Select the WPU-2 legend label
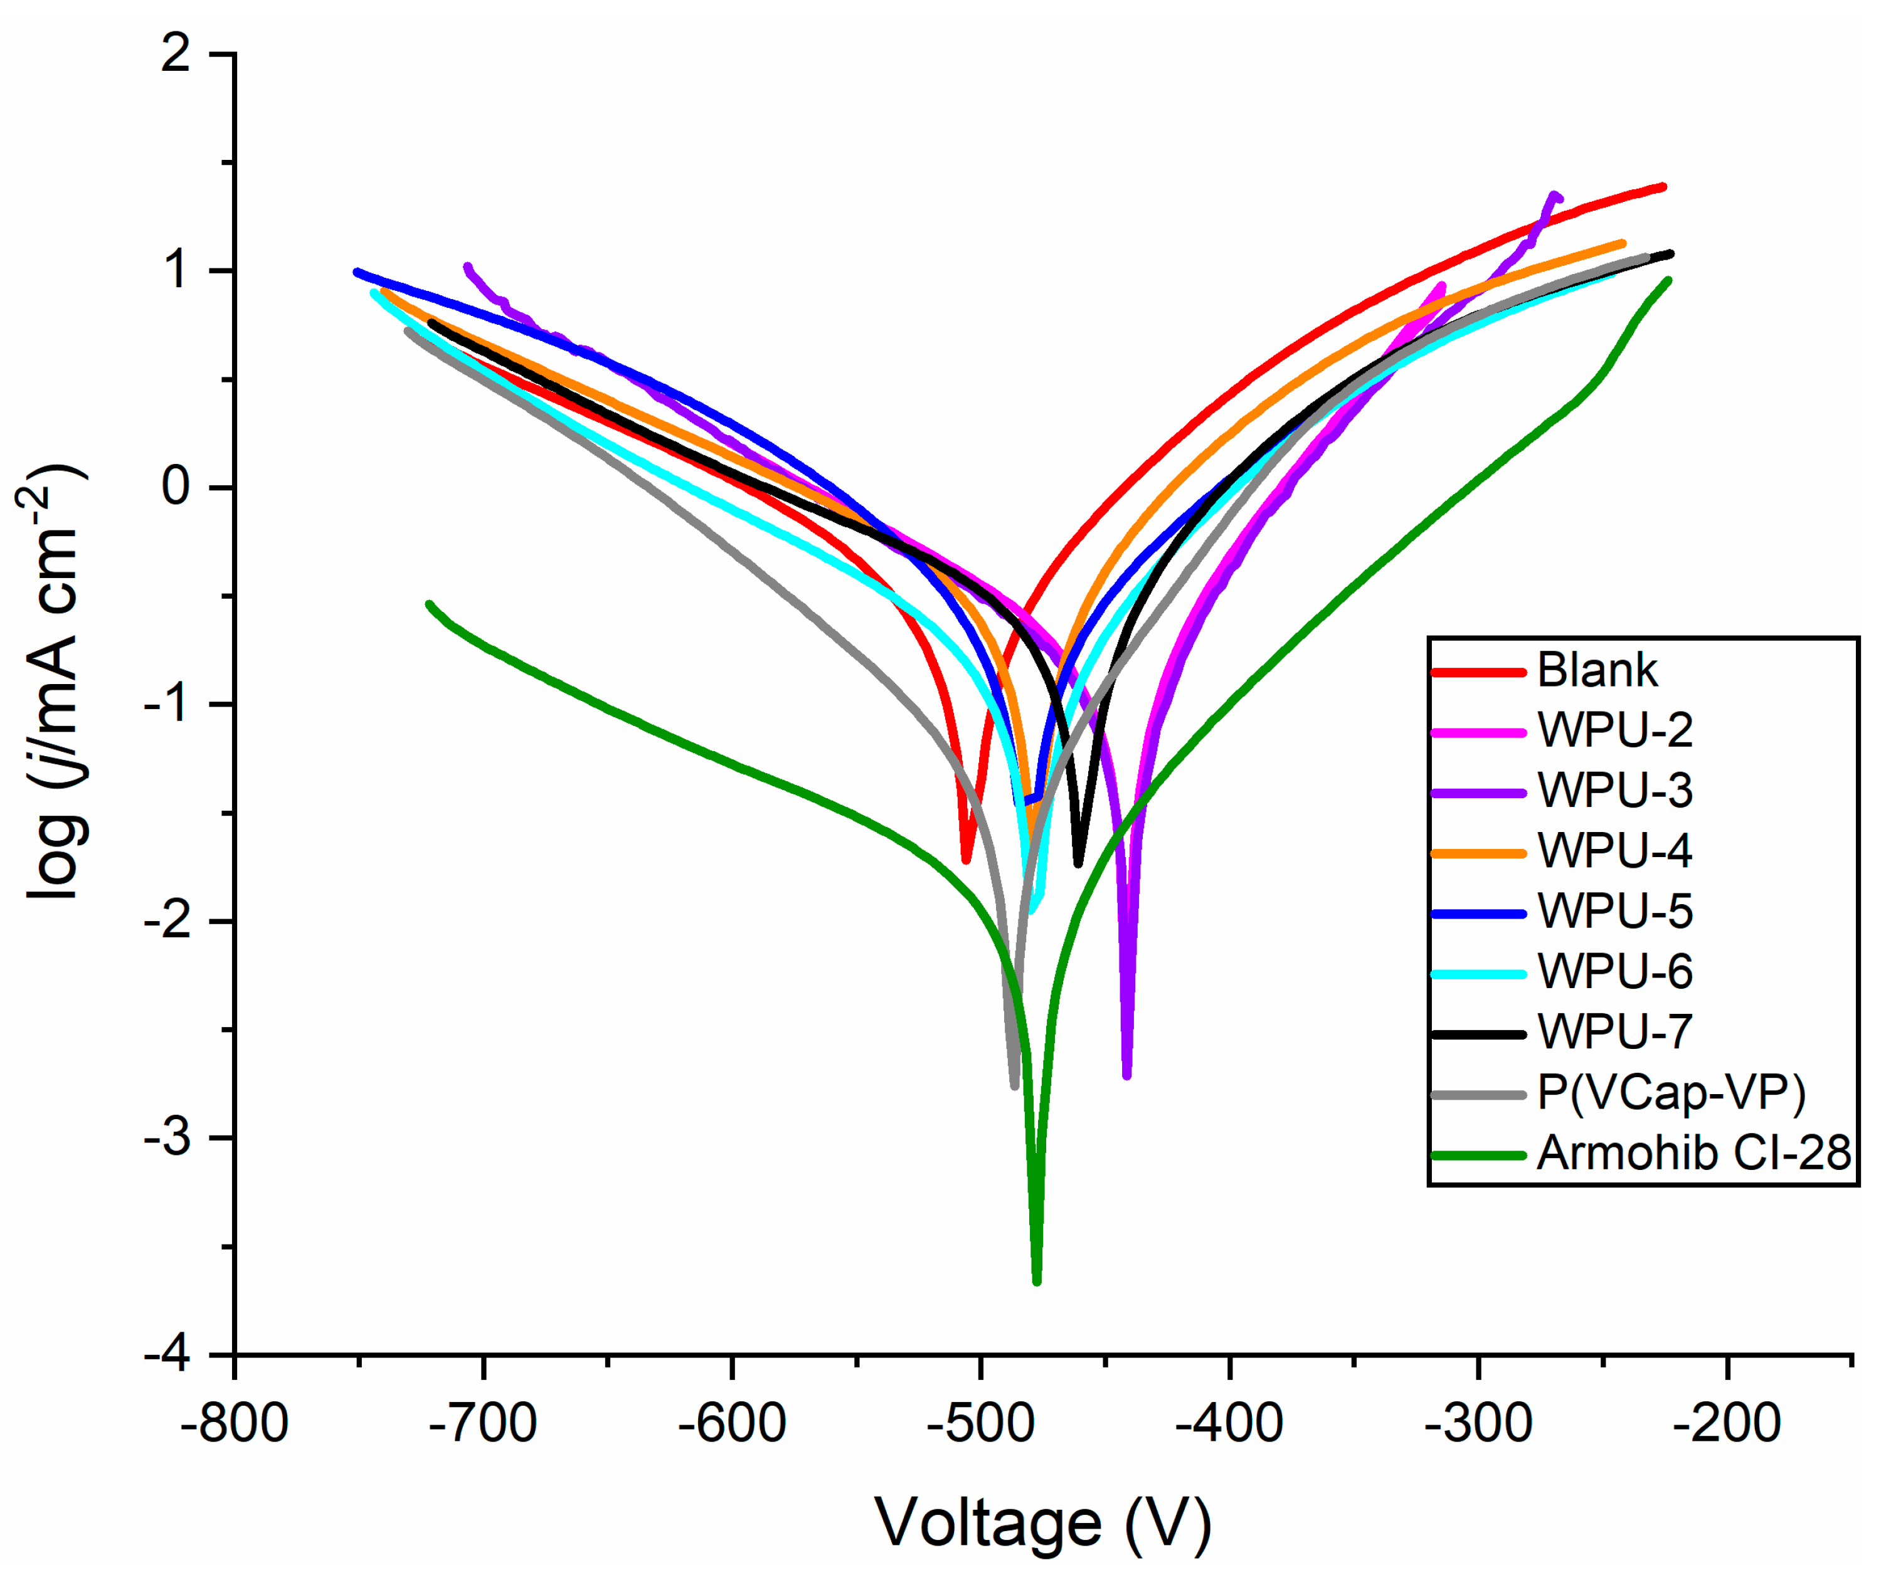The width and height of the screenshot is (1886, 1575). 1614,731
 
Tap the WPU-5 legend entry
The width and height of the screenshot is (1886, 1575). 1614,912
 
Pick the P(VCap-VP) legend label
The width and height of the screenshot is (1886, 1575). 1670,1093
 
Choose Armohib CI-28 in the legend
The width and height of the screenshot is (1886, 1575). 1693,1154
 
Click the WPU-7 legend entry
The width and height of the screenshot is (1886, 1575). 1614,1033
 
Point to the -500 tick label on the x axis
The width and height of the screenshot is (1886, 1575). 981,1424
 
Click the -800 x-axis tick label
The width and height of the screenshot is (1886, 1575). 235,1424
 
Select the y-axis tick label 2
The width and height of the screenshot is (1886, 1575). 176,54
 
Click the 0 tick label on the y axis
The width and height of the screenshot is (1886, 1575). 176,488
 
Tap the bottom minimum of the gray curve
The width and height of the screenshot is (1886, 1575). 1015,1087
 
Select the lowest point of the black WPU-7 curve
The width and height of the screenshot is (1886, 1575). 1079,864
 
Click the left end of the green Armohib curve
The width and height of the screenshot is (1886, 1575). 428,604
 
